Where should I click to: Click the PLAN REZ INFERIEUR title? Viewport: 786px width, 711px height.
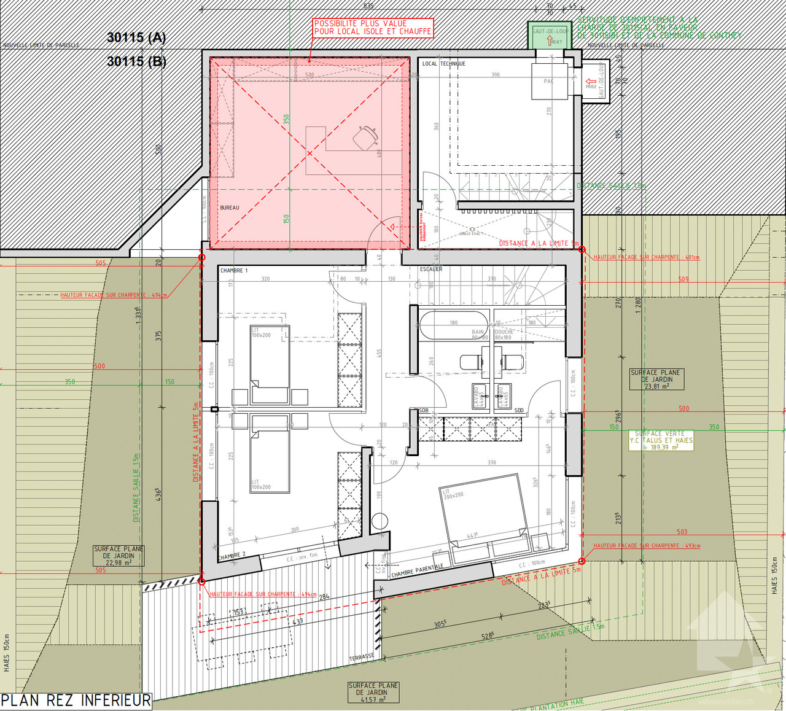(76, 701)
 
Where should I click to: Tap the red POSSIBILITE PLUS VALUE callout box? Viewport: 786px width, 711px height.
(373, 28)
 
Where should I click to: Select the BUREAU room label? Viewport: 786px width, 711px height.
(230, 208)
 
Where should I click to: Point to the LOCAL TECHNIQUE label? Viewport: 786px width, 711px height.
(443, 64)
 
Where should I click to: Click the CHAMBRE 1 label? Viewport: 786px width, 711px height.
(234, 270)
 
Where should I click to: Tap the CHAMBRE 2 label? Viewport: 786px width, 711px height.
(232, 556)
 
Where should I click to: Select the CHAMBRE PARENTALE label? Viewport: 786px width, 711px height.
(417, 570)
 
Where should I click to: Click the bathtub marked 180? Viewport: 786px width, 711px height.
(453, 325)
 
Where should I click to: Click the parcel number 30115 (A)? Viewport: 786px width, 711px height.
(136, 37)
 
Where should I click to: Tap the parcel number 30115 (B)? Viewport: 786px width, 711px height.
(136, 61)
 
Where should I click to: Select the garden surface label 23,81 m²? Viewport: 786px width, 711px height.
(655, 379)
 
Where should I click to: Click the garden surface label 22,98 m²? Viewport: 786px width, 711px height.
(119, 556)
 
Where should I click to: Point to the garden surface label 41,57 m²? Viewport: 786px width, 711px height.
(373, 693)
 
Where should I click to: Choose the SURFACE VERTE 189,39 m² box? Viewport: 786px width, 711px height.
(661, 440)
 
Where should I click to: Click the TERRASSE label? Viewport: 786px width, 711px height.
(361, 657)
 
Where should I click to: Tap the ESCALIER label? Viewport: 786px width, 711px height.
(431, 269)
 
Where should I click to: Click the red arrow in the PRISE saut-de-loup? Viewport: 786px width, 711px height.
(591, 81)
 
